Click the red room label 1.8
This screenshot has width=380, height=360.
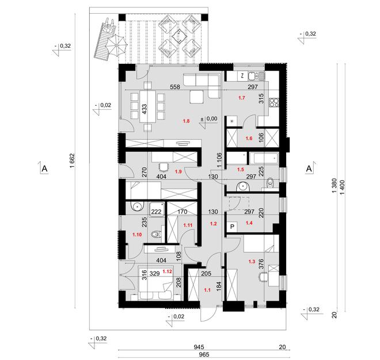pos(186,121)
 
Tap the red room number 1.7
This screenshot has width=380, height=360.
pos(242,98)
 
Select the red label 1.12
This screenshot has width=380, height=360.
pos(167,271)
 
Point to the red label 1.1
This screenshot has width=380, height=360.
pos(207,290)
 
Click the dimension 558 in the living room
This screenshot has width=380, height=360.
pos(175,87)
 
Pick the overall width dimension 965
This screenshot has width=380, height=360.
pos(204,355)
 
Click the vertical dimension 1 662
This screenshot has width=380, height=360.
pos(73,161)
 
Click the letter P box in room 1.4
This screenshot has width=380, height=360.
pos(233,227)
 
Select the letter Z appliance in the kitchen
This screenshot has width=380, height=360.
pos(242,76)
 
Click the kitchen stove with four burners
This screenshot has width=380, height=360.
pos(274,102)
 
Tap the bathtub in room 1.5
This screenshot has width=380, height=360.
pos(264,159)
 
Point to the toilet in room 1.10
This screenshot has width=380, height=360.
pos(156,235)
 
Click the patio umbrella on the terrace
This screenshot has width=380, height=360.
pos(117,45)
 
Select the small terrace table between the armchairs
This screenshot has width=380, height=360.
pos(179,36)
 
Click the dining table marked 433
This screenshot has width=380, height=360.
pos(147,106)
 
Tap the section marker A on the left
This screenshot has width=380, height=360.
pos(44,168)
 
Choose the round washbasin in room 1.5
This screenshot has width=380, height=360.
pos(242,186)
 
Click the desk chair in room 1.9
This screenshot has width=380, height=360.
pos(164,167)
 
